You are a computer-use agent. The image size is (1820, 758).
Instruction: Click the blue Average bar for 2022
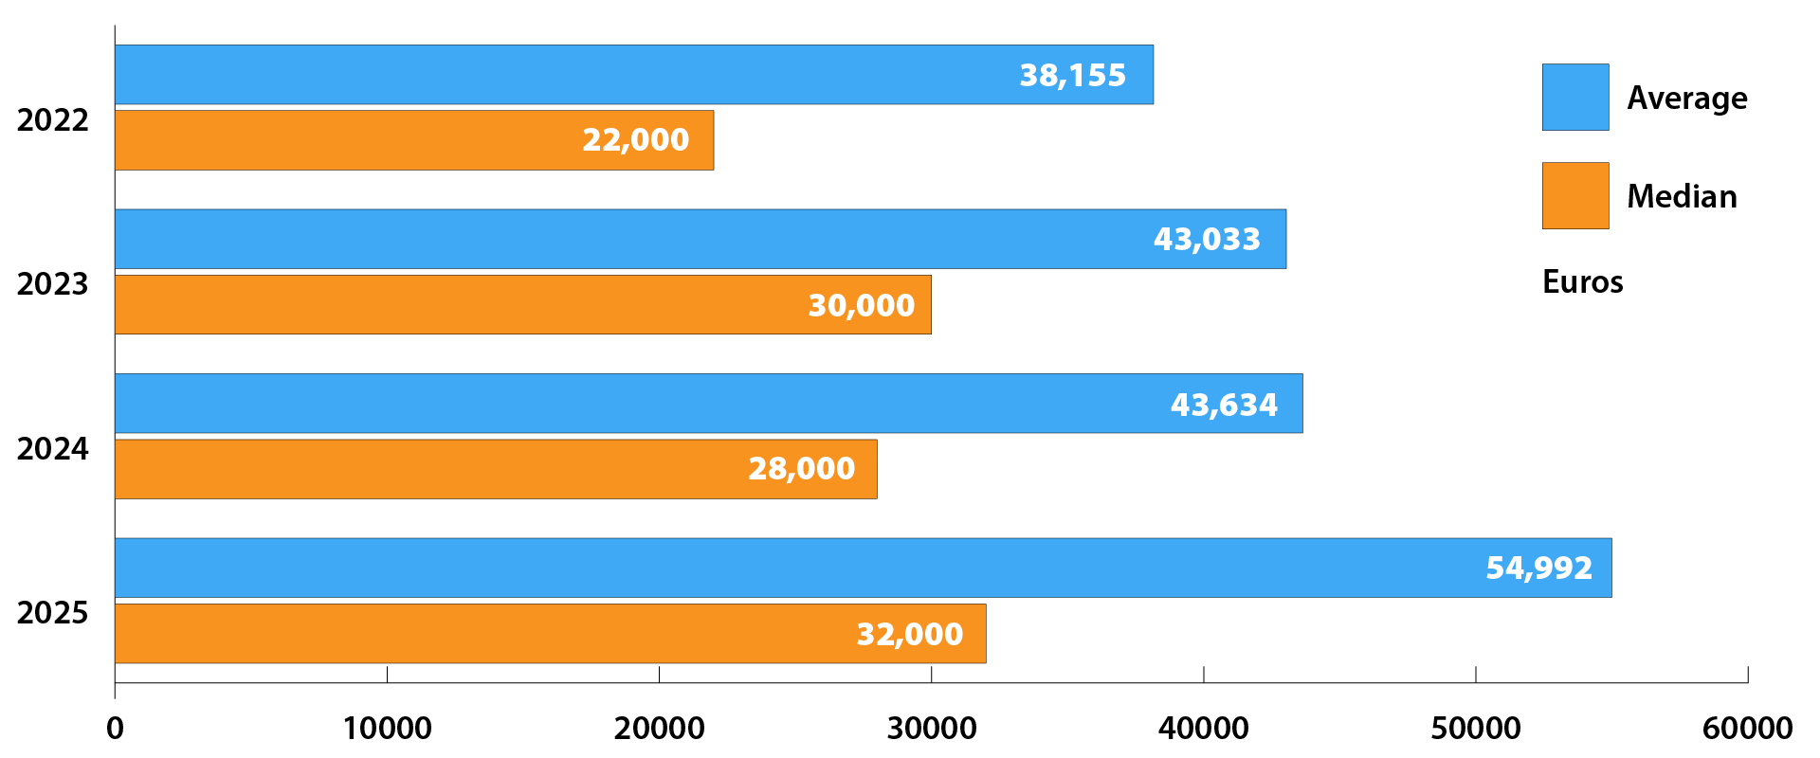pyautogui.click(x=569, y=75)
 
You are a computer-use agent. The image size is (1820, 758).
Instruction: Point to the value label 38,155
pyautogui.click(x=1072, y=75)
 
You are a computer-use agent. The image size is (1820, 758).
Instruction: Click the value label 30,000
pyautogui.click(x=861, y=305)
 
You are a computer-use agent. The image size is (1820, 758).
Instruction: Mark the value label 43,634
pyautogui.click(x=1224, y=405)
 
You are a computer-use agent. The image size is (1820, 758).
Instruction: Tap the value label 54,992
pyautogui.click(x=1538, y=568)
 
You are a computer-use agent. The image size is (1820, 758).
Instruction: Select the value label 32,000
pyautogui.click(x=909, y=634)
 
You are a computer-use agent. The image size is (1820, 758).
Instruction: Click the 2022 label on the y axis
pyautogui.click(x=52, y=120)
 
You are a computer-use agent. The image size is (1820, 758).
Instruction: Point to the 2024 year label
pyautogui.click(x=52, y=448)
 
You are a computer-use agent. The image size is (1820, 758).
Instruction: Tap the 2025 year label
pyautogui.click(x=52, y=613)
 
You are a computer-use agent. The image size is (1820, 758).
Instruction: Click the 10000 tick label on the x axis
pyautogui.click(x=387, y=729)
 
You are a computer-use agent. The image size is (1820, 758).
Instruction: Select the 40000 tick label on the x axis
pyautogui.click(x=1203, y=729)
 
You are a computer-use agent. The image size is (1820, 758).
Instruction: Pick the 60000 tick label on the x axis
pyautogui.click(x=1747, y=729)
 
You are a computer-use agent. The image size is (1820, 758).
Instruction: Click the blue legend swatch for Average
pyautogui.click(x=1574, y=98)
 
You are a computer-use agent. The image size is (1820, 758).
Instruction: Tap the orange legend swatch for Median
pyautogui.click(x=1574, y=196)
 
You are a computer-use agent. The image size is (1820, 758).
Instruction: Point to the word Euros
pyautogui.click(x=1582, y=282)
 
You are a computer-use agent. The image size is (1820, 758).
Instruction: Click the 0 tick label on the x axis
pyautogui.click(x=115, y=729)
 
